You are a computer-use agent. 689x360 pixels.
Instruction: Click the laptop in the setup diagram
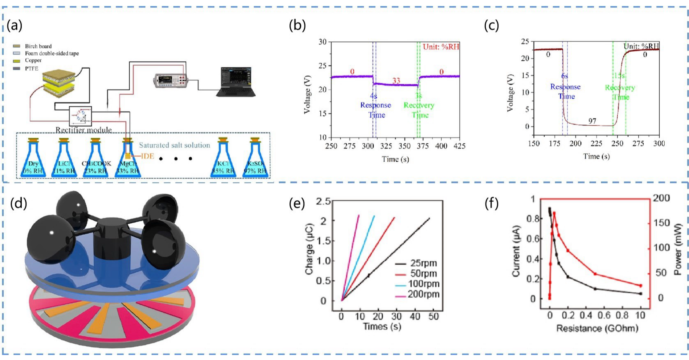tap(235, 82)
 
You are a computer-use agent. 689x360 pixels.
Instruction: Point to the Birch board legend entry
tap(38, 46)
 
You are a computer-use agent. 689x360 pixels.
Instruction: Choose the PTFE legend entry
tap(32, 69)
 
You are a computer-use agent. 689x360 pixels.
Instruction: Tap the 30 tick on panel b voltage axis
tap(323, 42)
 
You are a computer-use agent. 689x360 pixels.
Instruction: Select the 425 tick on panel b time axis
tap(459, 146)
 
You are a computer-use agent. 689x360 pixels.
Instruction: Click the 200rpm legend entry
tap(423, 294)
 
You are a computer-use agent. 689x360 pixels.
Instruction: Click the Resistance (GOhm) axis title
tap(597, 328)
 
